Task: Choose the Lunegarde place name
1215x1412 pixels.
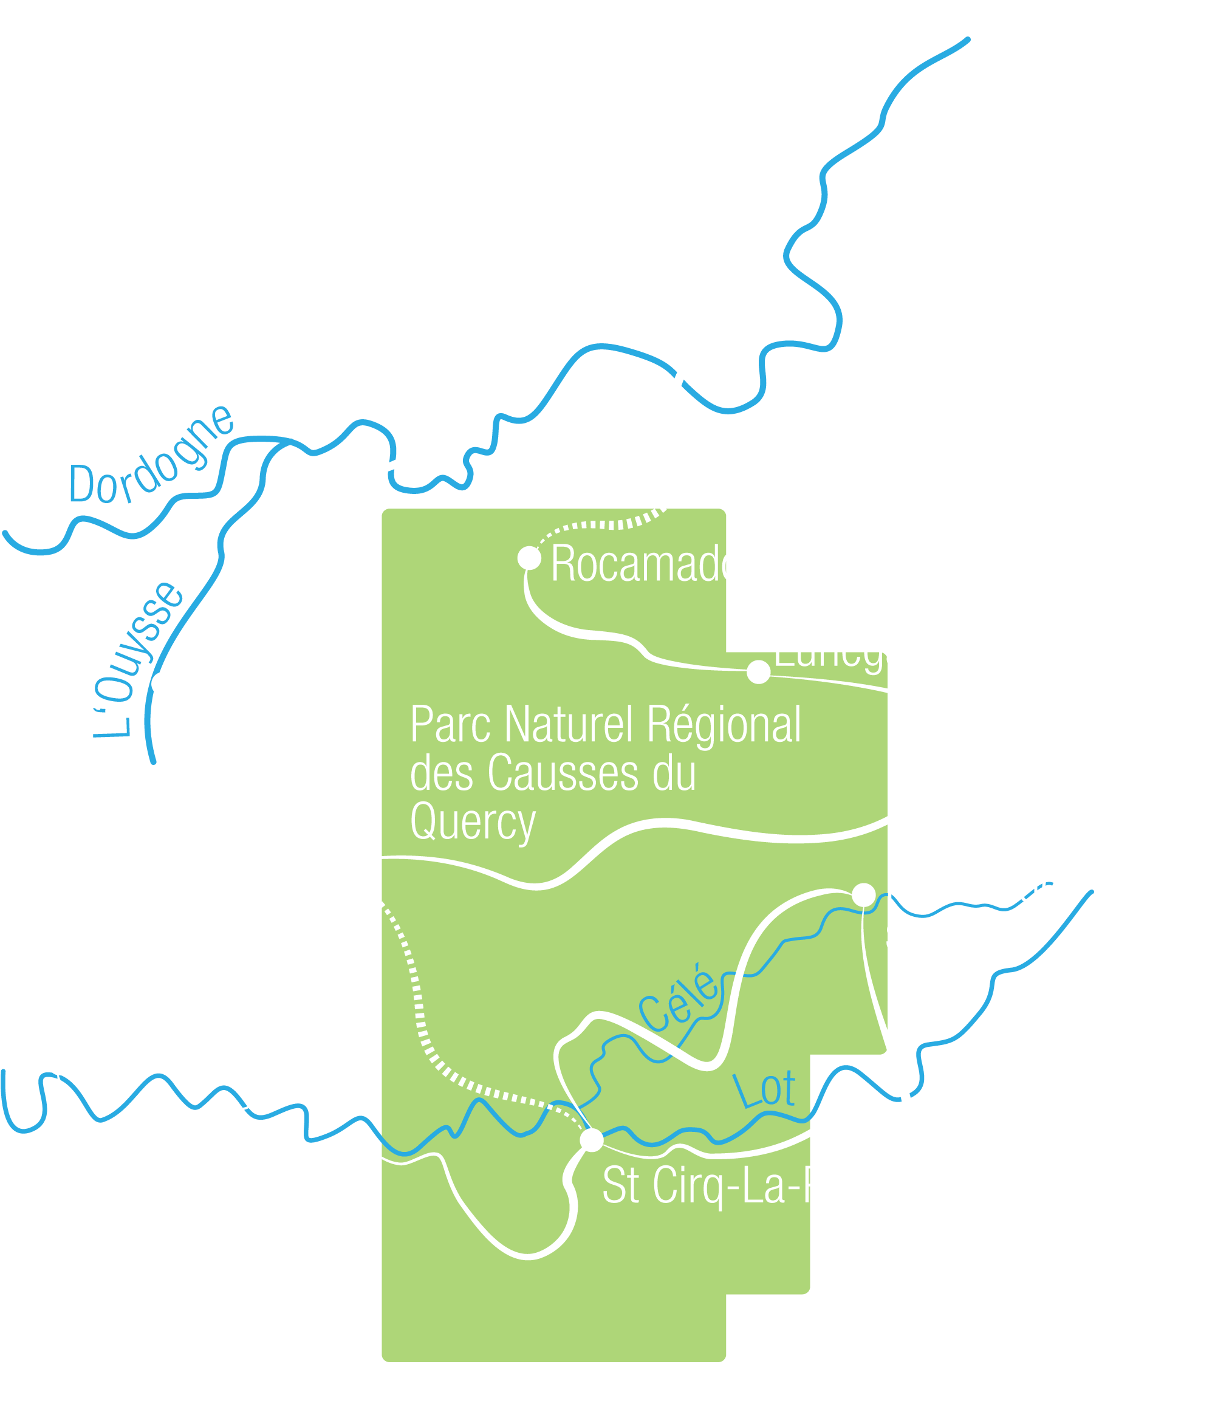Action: (x=869, y=649)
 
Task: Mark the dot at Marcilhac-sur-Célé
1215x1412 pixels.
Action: (x=863, y=895)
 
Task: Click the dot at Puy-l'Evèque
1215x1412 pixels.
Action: (x=60, y=1063)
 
